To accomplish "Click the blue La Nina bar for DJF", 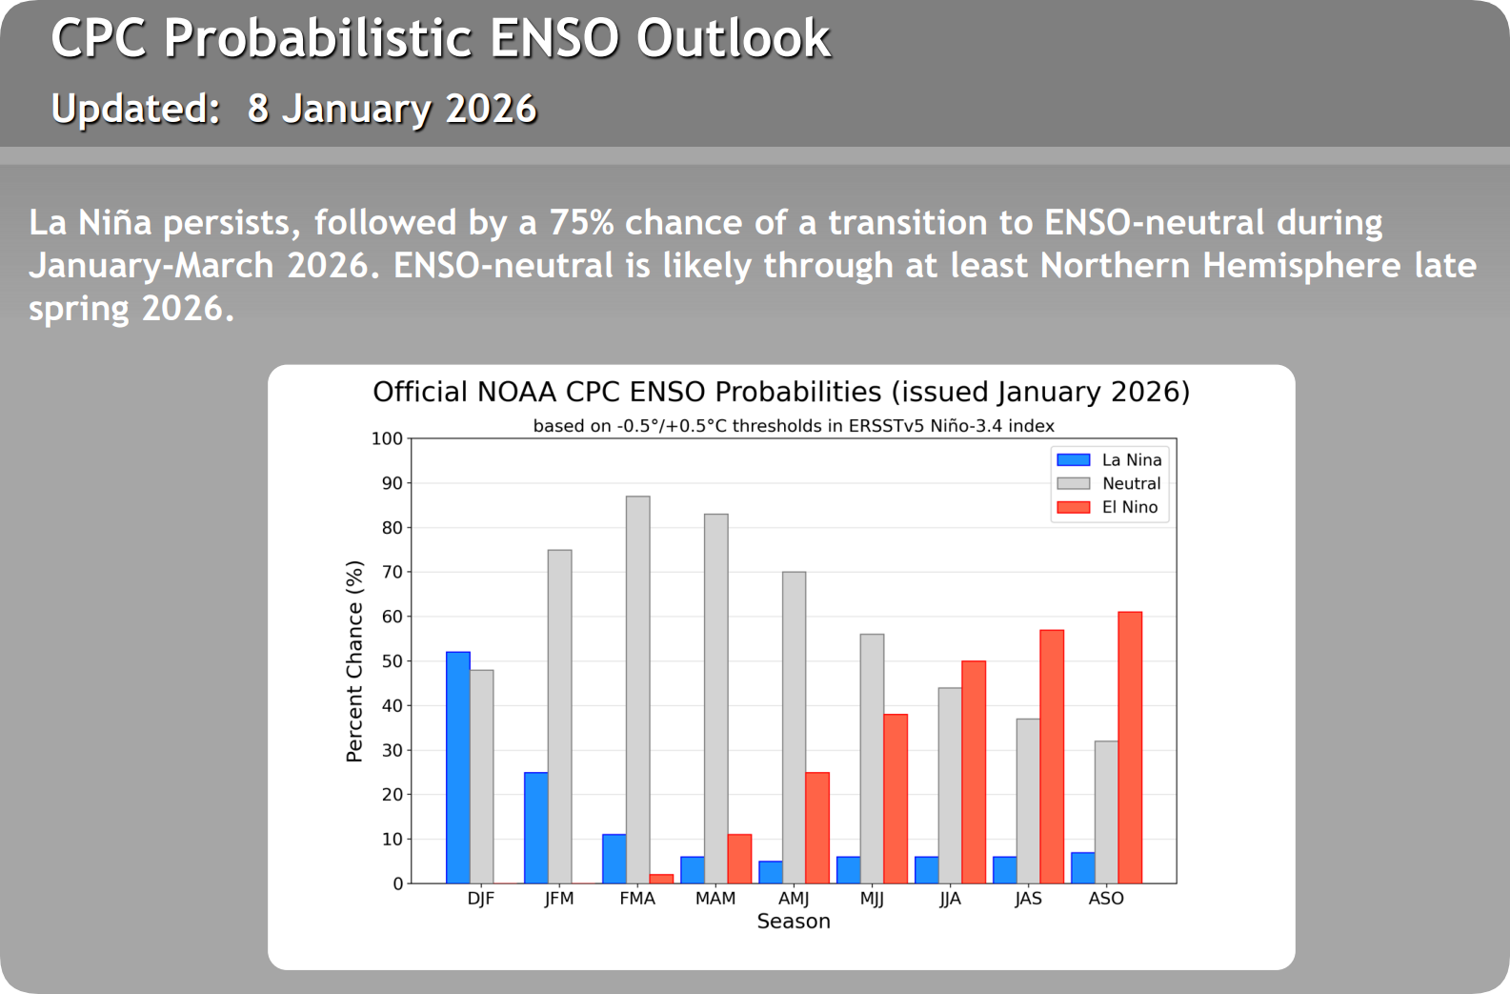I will [458, 767].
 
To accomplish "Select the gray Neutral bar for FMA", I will [638, 689].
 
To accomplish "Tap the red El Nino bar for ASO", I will [1130, 747].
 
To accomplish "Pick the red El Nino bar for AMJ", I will [817, 827].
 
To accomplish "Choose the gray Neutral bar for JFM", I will [560, 716].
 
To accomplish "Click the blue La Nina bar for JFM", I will [536, 827].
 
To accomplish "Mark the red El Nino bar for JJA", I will [974, 772].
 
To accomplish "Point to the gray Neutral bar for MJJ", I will [872, 759].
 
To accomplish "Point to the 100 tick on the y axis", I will [387, 439].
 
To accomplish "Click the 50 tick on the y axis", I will [392, 661].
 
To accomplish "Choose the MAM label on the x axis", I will [715, 899].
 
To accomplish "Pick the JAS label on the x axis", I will [1028, 899].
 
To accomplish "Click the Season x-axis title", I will [794, 922].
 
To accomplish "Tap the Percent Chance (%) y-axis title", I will [354, 661].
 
